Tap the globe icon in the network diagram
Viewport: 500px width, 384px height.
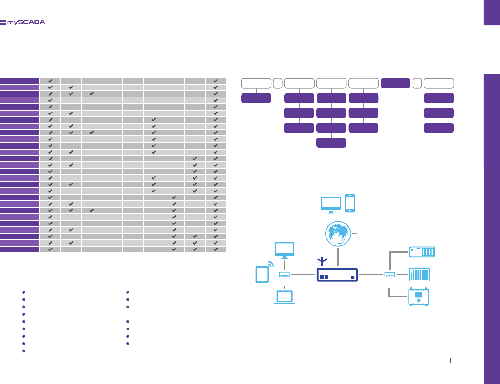338,234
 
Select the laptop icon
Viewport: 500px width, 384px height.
284,297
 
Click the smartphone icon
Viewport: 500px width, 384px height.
350,203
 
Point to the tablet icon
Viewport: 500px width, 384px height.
262,274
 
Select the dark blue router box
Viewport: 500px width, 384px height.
337,275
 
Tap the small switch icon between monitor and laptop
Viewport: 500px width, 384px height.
284,275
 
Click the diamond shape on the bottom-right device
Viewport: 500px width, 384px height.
419,301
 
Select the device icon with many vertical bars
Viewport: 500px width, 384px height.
419,275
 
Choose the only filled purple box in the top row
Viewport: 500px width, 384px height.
395,83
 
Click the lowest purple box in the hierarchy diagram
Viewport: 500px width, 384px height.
331,143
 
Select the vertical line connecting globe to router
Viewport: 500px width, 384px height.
338,257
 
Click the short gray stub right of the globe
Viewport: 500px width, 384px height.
354,234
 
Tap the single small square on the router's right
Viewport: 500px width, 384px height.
352,277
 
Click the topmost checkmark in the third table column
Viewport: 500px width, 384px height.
91,94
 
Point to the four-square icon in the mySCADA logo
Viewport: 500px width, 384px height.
3,22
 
